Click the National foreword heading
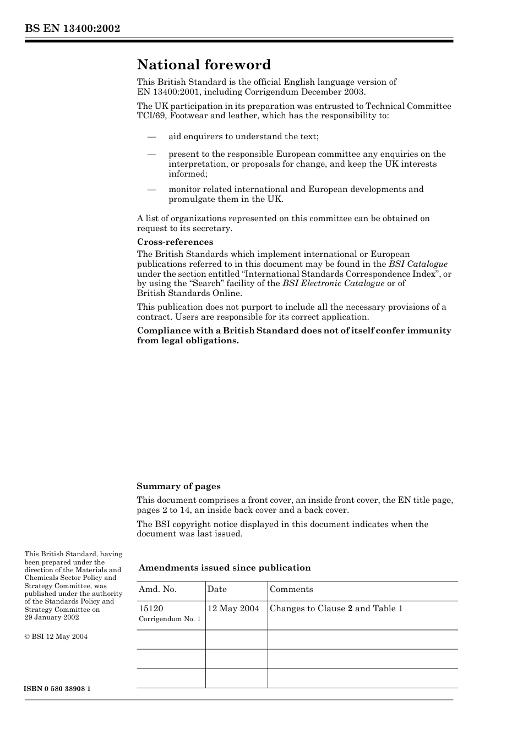pos(204,65)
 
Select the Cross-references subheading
pos(175,242)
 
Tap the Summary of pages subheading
pos(178,486)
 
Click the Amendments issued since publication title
pos(225,568)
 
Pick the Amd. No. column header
pos(157,589)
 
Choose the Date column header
pos(217,589)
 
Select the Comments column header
pos(291,589)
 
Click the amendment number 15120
pos(151,609)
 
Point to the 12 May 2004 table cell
pos(233,609)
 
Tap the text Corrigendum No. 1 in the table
pos(170,619)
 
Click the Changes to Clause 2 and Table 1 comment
pos(336,609)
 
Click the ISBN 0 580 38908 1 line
pos(57,689)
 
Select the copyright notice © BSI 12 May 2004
pos(56,637)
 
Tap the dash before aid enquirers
pos(151,136)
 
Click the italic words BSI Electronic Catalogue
pos(333,283)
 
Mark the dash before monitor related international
pos(151,189)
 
